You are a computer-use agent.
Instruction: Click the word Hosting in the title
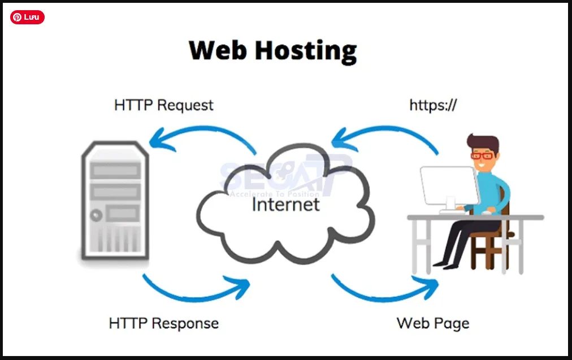pos(306,50)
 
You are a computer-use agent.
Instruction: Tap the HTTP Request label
pos(164,105)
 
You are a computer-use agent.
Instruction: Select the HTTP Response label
pos(164,323)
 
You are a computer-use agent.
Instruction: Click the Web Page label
pos(433,323)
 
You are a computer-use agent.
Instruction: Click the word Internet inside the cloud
pos(285,203)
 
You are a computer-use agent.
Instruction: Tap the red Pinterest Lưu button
pos(27,18)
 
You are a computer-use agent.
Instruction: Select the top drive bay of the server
pos(115,170)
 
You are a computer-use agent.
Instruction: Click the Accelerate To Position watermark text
pos(274,194)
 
